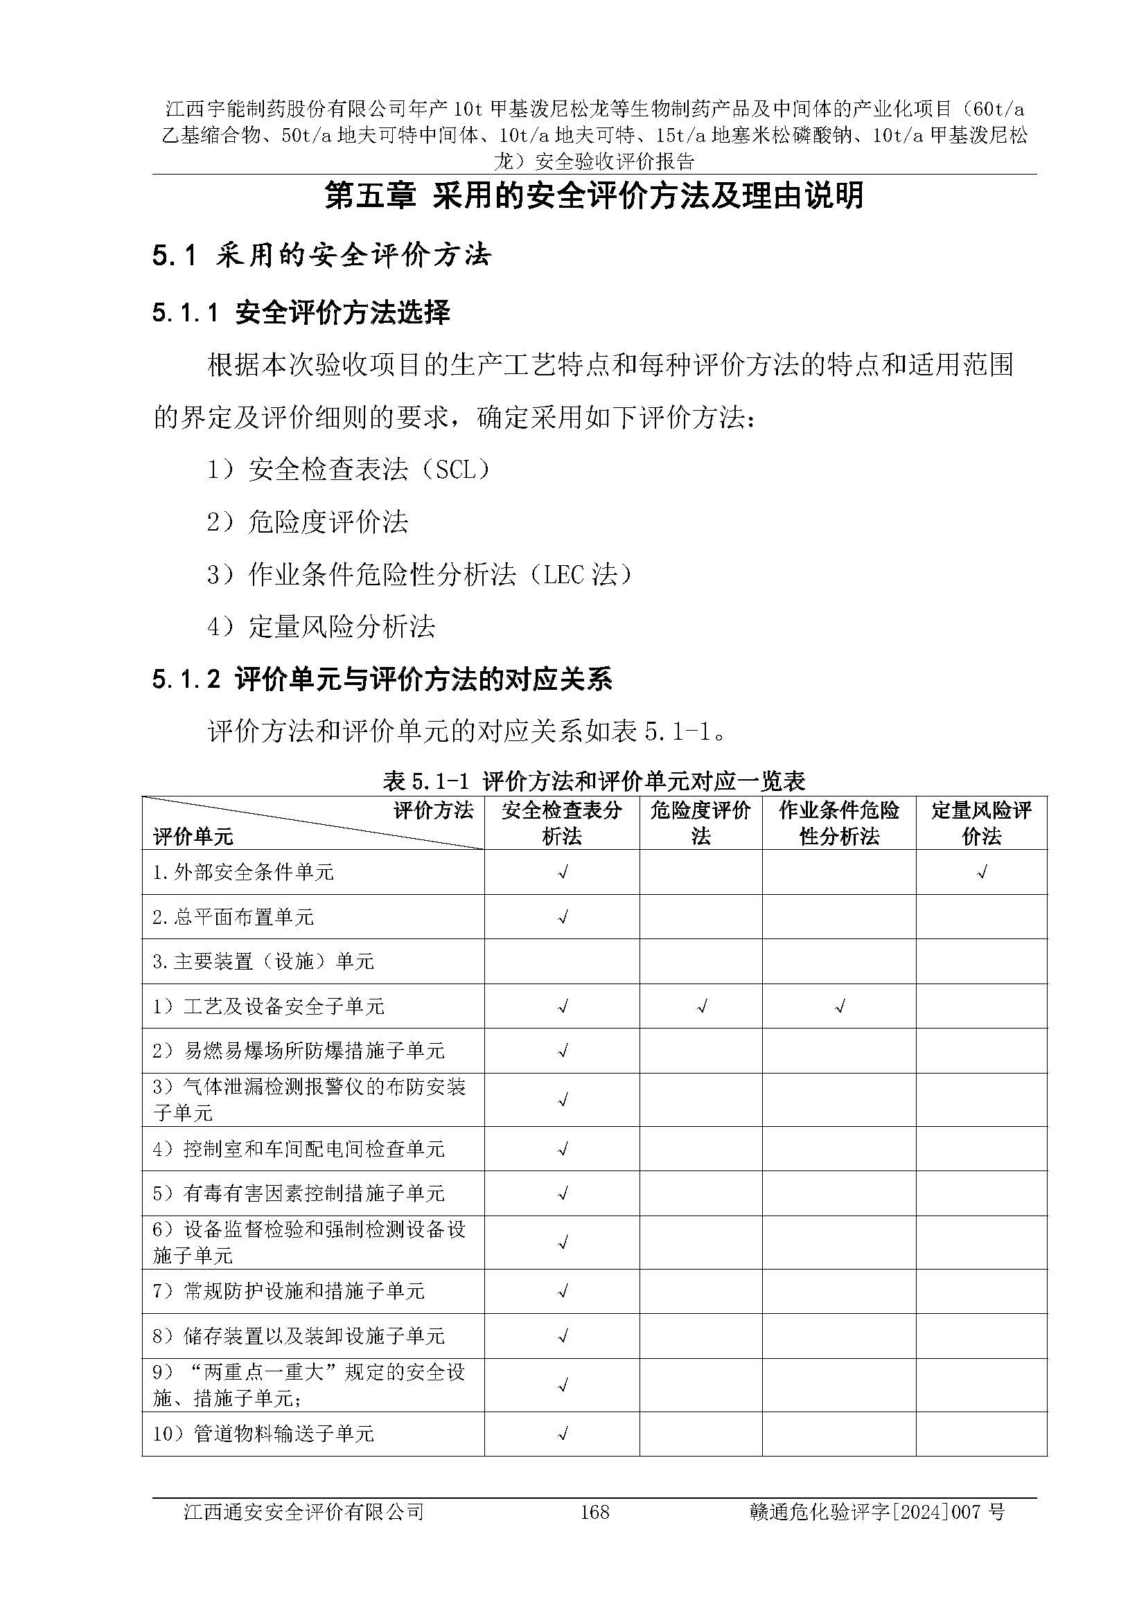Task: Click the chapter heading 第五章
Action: coord(370,196)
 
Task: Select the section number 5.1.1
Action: coord(186,312)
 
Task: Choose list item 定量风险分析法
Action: coord(342,627)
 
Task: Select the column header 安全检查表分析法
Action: coord(562,824)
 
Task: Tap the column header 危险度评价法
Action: coord(700,824)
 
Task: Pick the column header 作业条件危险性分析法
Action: coord(839,824)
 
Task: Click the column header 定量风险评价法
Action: coord(981,824)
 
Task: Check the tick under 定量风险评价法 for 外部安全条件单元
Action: coord(981,873)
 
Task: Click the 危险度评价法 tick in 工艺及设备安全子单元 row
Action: coord(700,1007)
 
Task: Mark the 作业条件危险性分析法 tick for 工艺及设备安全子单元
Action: coord(839,1007)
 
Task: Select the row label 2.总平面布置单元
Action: coord(233,917)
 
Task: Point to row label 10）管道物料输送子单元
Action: coord(263,1434)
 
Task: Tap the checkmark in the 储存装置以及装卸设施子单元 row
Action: coord(563,1335)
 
